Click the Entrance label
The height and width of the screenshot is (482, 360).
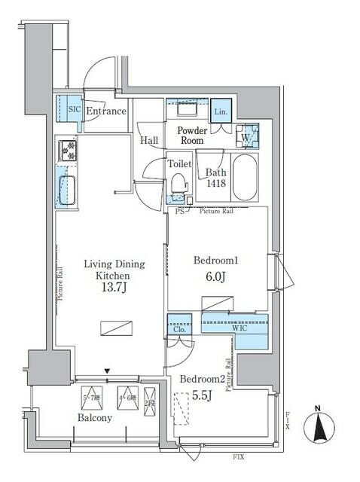coord(105,111)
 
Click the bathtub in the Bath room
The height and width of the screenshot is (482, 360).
coord(245,177)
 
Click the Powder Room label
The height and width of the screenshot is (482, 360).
coord(191,135)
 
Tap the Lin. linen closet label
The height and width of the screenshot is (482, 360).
coord(220,111)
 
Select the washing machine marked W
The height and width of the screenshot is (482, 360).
coord(246,136)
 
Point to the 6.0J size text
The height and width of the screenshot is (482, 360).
coord(216,276)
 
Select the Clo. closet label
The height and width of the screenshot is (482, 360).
coord(178,328)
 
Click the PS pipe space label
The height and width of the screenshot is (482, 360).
coord(179,212)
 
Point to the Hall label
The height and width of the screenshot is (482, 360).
coord(148,140)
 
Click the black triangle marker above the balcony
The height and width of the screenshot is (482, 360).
coord(108,371)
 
